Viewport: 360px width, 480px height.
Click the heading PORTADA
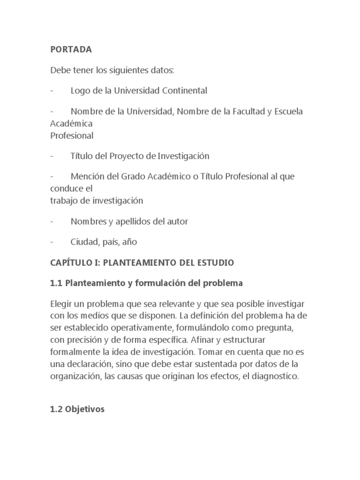click(x=71, y=49)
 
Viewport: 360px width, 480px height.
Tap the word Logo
click(x=80, y=90)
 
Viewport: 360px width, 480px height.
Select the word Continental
click(x=183, y=90)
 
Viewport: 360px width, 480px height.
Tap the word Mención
click(x=87, y=177)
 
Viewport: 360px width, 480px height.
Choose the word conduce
click(x=67, y=188)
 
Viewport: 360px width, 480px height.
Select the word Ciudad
click(x=84, y=242)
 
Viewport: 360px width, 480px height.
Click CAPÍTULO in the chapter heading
click(x=71, y=263)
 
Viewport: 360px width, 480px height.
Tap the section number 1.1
click(x=56, y=283)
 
